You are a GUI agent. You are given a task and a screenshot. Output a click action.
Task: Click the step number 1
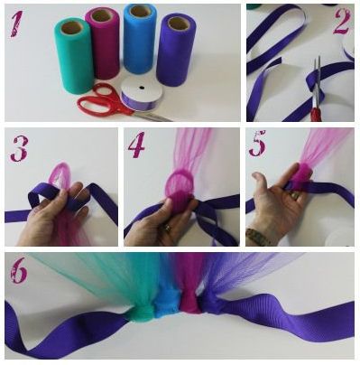(x=17, y=25)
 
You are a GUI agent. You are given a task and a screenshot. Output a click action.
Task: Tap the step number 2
(x=343, y=22)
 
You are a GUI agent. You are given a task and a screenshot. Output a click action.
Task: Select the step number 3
(x=20, y=148)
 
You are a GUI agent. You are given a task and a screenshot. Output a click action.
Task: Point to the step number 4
(x=136, y=147)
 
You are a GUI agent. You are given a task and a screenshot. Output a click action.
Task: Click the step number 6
(x=19, y=272)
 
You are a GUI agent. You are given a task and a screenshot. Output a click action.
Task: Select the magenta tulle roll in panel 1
(x=102, y=42)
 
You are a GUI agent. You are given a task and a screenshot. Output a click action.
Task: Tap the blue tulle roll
(x=138, y=39)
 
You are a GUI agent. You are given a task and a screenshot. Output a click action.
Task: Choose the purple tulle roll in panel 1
(x=174, y=50)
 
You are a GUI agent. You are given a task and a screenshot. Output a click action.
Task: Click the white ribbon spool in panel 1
(x=142, y=94)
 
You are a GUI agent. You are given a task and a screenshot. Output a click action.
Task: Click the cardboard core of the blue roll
(x=138, y=12)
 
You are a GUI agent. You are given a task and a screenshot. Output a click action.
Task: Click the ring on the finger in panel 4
(x=167, y=228)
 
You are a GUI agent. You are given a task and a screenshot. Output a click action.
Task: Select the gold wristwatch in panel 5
(x=257, y=238)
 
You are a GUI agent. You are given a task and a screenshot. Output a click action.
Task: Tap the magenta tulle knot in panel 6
(x=189, y=305)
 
